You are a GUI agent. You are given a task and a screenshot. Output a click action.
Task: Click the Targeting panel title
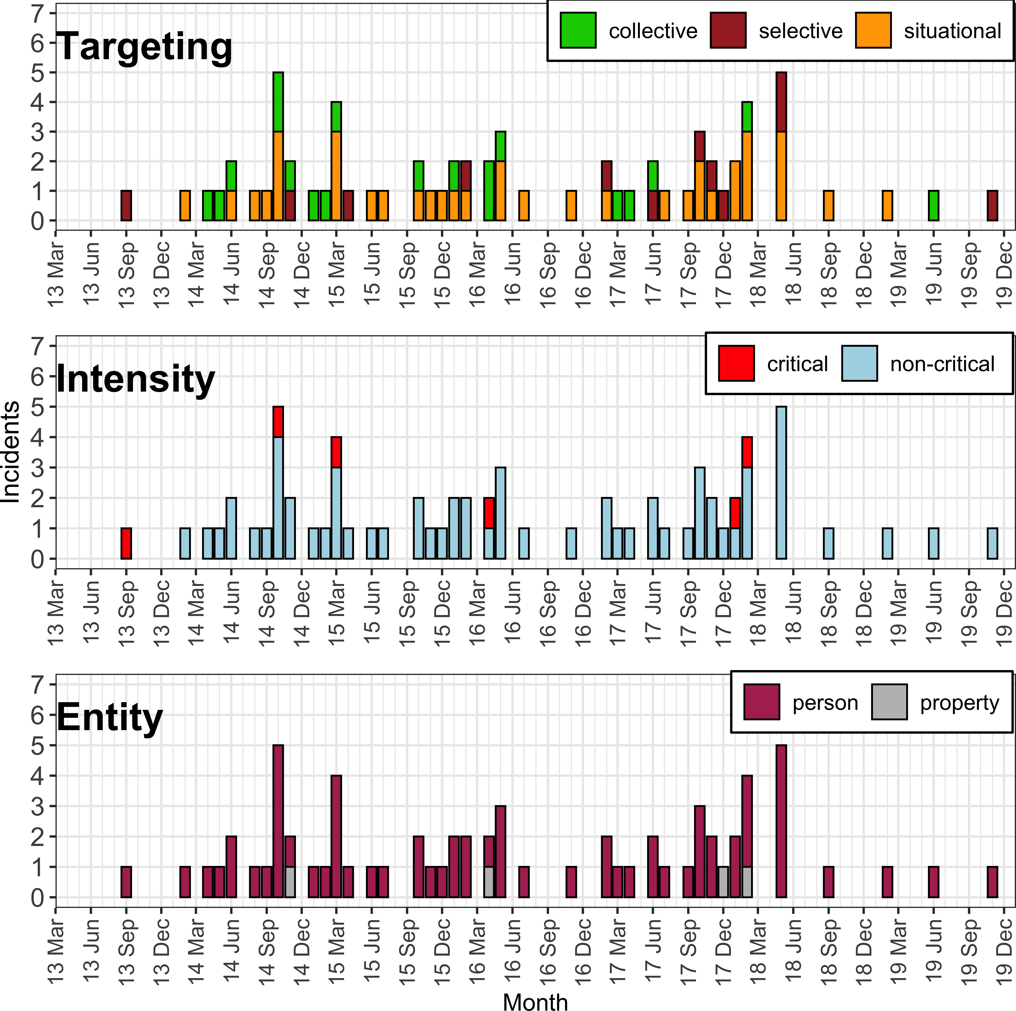coord(144,47)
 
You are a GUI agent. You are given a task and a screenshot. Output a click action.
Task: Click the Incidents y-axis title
coord(11,452)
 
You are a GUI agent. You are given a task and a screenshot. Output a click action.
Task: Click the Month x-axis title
coord(535,1002)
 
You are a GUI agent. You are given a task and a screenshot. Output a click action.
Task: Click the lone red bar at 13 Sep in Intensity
coord(126,543)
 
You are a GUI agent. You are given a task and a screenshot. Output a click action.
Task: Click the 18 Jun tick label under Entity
coord(793,944)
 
